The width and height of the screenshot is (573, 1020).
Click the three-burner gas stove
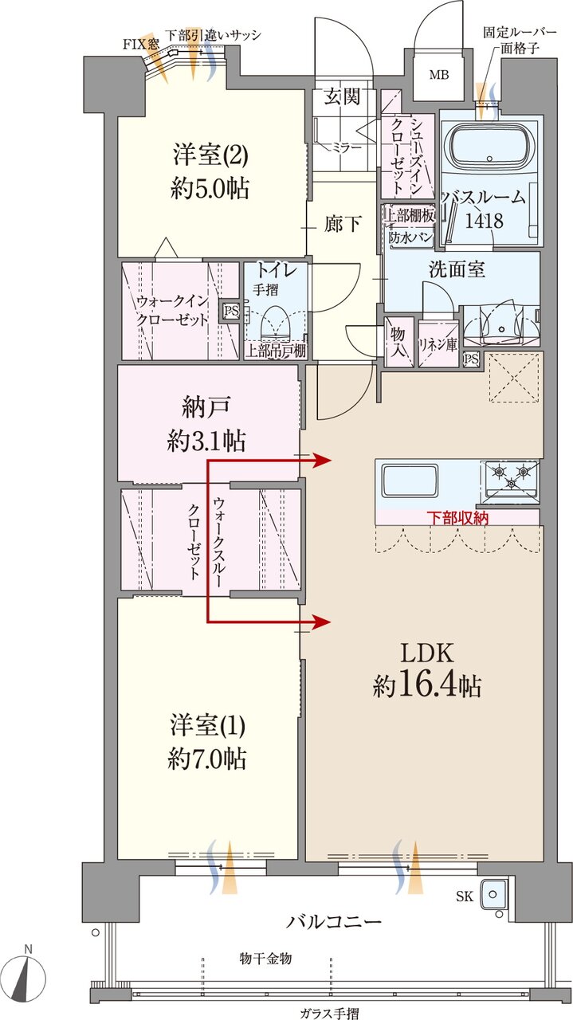(x=508, y=478)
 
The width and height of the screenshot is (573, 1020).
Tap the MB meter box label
(x=439, y=76)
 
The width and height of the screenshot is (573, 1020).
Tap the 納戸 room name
(x=206, y=406)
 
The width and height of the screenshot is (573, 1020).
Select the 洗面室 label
(x=457, y=269)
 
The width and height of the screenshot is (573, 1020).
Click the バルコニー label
(x=334, y=922)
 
